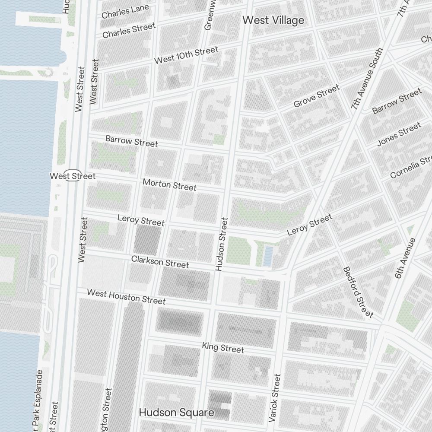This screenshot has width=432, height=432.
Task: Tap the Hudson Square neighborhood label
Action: click(176, 413)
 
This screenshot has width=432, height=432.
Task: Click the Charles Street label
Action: click(129, 31)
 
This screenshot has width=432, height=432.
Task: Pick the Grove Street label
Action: click(316, 96)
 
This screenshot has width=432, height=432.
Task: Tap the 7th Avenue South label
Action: click(367, 79)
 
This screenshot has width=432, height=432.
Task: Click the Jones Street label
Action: click(399, 134)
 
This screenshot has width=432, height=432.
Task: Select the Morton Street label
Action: click(169, 184)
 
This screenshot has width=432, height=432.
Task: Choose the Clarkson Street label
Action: click(160, 262)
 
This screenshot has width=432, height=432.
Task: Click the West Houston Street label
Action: click(126, 296)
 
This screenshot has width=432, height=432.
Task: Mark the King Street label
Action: click(223, 347)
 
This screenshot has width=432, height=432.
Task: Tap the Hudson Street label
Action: click(221, 244)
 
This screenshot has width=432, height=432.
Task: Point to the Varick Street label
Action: click(274, 398)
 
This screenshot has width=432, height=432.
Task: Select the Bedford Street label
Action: click(358, 292)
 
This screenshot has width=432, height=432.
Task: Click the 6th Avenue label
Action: click(405, 258)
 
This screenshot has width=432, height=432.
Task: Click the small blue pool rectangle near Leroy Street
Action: click(268, 256)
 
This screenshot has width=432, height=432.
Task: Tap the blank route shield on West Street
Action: click(74, 175)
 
